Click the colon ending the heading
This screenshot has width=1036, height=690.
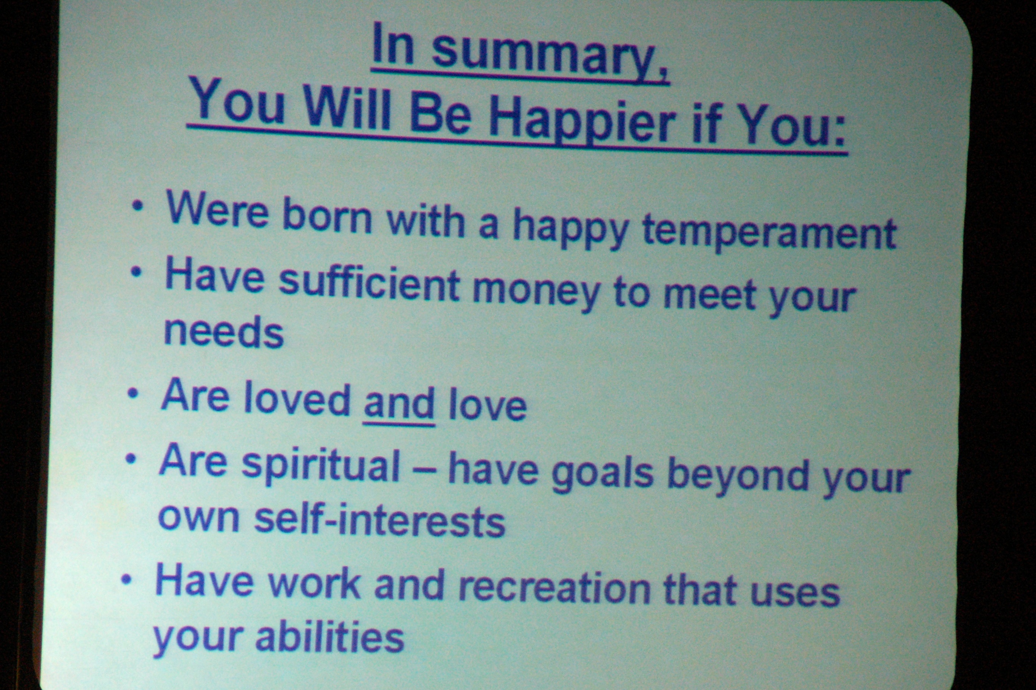click(x=838, y=132)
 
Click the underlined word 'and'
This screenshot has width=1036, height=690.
click(x=399, y=402)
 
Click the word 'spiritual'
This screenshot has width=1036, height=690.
click(x=320, y=464)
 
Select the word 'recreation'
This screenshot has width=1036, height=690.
click(x=554, y=587)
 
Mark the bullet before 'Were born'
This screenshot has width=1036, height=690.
click(x=137, y=205)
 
